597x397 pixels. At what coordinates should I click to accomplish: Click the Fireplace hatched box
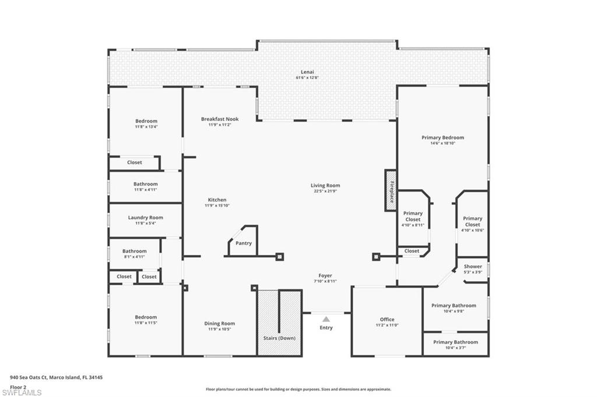click(x=390, y=190)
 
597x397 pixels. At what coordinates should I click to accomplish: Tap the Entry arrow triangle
click(x=326, y=319)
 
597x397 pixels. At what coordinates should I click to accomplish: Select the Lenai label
click(x=307, y=72)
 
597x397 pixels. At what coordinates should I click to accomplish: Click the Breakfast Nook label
click(x=220, y=119)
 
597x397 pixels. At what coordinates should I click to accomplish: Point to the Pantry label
click(x=244, y=243)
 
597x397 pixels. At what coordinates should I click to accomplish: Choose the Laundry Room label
click(x=145, y=218)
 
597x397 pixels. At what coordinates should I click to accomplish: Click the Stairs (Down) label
click(x=279, y=338)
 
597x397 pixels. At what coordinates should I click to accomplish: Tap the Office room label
click(x=387, y=320)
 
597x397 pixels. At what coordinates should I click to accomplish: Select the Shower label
click(x=473, y=267)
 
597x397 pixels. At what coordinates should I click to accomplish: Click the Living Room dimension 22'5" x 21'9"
click(x=325, y=192)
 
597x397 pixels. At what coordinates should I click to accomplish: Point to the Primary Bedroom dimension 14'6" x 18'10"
click(x=443, y=143)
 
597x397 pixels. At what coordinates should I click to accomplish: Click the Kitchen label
click(x=217, y=200)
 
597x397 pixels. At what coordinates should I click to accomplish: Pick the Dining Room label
click(x=220, y=324)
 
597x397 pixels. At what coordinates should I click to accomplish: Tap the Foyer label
click(x=325, y=275)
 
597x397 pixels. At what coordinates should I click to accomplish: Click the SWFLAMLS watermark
click(x=22, y=392)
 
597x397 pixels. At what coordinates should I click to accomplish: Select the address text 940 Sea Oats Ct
click(x=29, y=378)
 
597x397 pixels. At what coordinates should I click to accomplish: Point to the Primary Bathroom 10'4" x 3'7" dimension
click(x=456, y=348)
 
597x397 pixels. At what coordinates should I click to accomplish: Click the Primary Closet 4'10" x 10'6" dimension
click(x=472, y=230)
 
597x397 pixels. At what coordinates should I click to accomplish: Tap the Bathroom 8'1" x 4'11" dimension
click(x=135, y=257)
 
